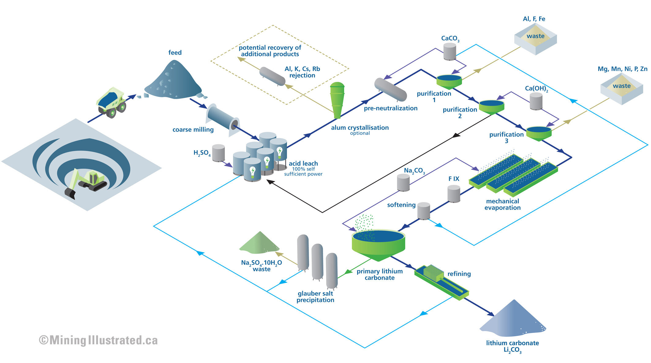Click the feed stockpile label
click(175, 52)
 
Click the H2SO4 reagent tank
click(218, 153)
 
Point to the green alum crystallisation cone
click(337, 100)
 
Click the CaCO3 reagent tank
click(450, 51)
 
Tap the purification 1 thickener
click(449, 81)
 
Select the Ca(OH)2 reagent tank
click(536, 101)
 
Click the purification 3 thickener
click(539, 133)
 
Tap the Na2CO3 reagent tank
click(403, 183)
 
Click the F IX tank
click(454, 194)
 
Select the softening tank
click(424, 211)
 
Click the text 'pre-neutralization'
click(390, 108)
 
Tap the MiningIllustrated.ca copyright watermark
click(99, 340)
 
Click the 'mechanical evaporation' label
click(502, 204)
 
